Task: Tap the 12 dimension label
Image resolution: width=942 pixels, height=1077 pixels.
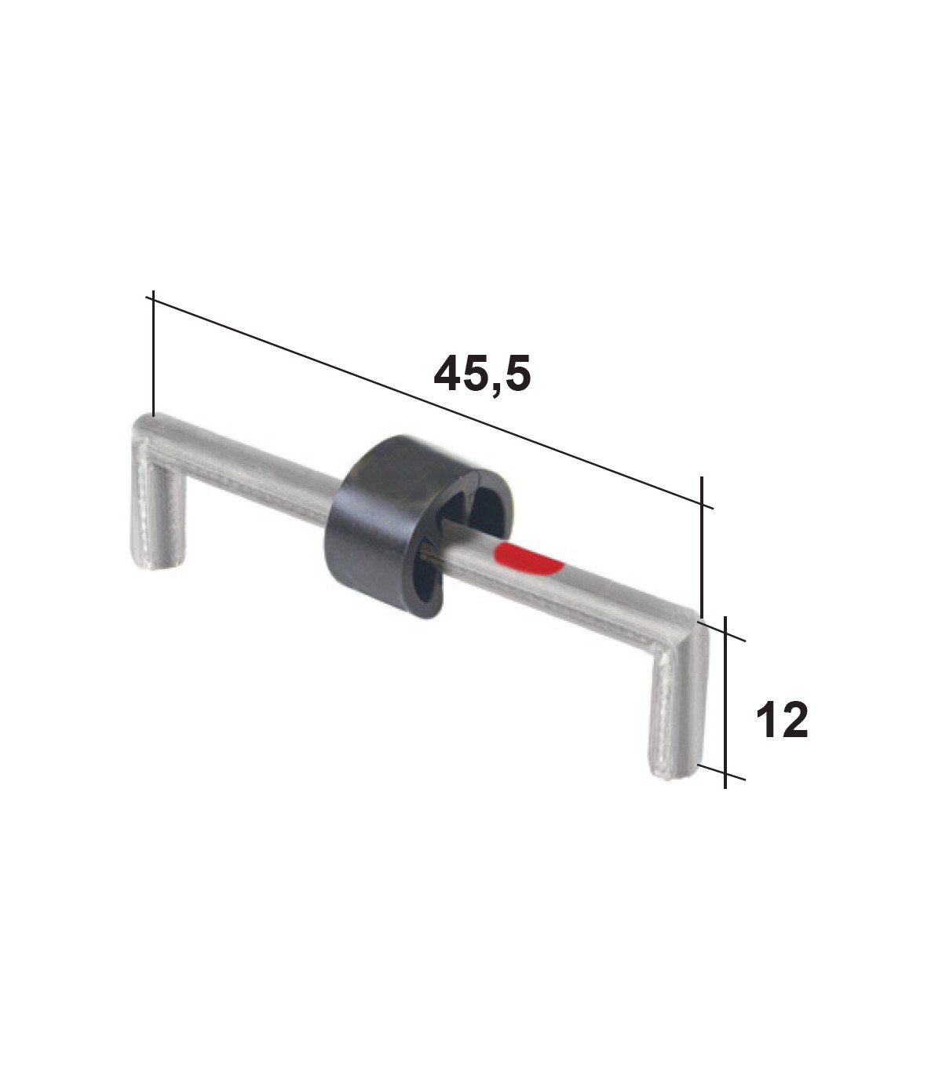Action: point(782,720)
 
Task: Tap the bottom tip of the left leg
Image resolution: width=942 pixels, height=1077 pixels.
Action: point(157,568)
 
